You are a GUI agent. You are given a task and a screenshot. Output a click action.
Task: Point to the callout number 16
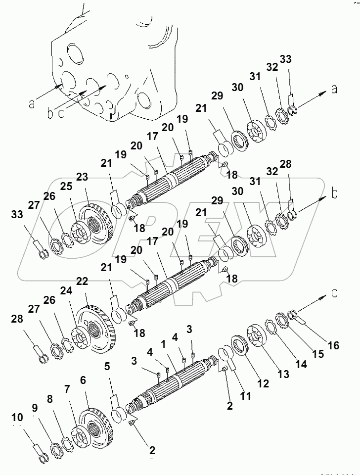[334, 345]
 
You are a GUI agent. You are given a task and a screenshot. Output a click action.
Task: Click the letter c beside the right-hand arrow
[334, 293]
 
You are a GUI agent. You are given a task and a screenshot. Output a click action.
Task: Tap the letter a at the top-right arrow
[334, 89]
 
